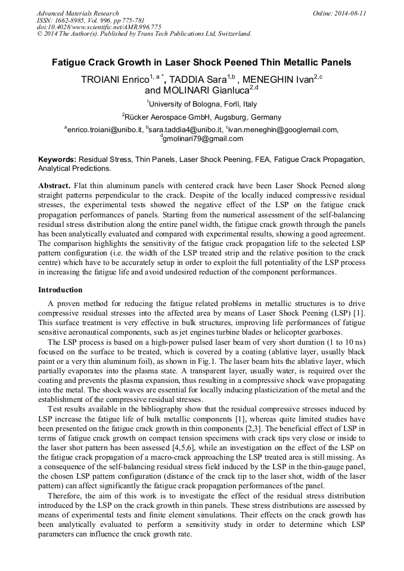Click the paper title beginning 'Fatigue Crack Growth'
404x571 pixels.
click(201, 62)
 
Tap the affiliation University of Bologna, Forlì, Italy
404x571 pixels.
click(203, 104)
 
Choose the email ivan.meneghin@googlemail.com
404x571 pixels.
click(283, 129)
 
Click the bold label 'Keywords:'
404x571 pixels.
click(57, 160)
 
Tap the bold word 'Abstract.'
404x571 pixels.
click(55, 186)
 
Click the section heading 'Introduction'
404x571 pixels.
click(60, 290)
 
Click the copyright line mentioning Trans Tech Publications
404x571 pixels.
click(144, 34)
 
